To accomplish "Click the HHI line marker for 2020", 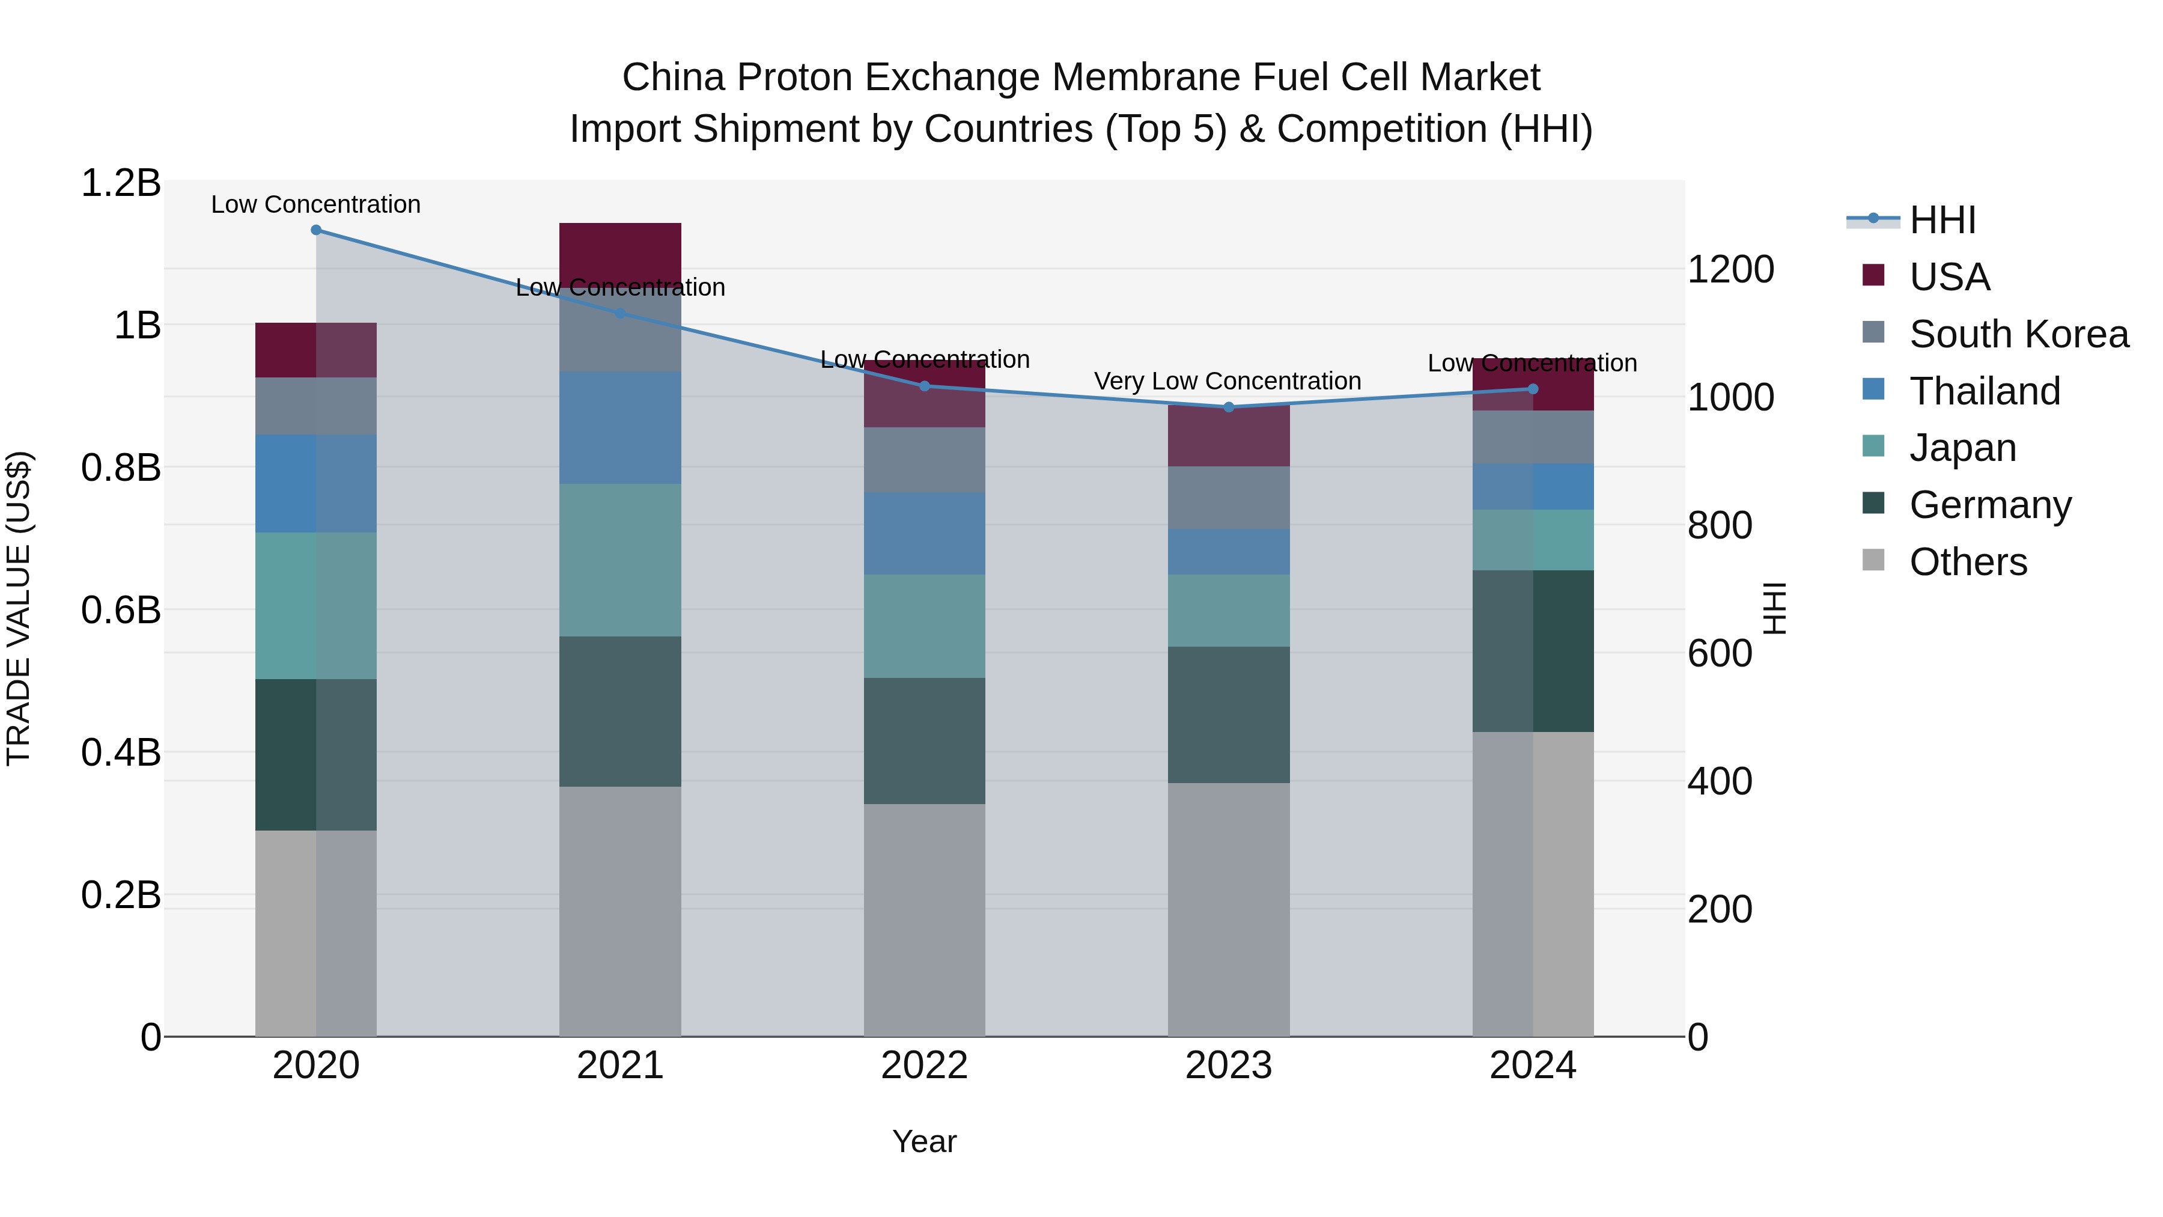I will pyautogui.click(x=315, y=230).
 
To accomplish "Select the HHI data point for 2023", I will pyautogui.click(x=1229, y=407).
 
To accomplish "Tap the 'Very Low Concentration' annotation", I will pyautogui.click(x=1227, y=381).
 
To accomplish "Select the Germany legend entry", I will pyautogui.click(x=1989, y=505).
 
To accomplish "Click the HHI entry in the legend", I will pyautogui.click(x=1941, y=220).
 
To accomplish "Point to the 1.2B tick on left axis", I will pyautogui.click(x=120, y=183).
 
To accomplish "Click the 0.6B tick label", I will pyautogui.click(x=120, y=611).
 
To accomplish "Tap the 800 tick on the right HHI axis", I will pyautogui.click(x=1720, y=526).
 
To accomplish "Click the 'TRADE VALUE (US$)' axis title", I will pyautogui.click(x=19, y=608).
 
